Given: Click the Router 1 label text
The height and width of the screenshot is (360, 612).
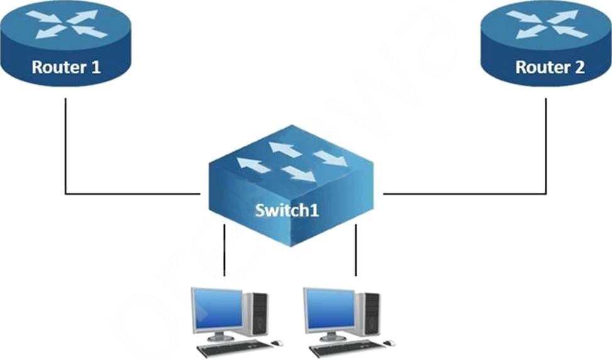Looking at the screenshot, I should pyautogui.click(x=66, y=67).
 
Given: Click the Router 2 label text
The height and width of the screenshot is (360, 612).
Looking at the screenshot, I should pyautogui.click(x=550, y=67).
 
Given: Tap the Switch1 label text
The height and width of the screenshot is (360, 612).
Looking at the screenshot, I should pyautogui.click(x=287, y=209).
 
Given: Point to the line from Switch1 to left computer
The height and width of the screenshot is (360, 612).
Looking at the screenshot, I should pyautogui.click(x=224, y=251).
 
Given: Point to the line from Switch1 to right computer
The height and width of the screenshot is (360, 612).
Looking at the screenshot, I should pyautogui.click(x=356, y=251).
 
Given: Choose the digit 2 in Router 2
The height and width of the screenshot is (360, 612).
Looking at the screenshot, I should pyautogui.click(x=579, y=67).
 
